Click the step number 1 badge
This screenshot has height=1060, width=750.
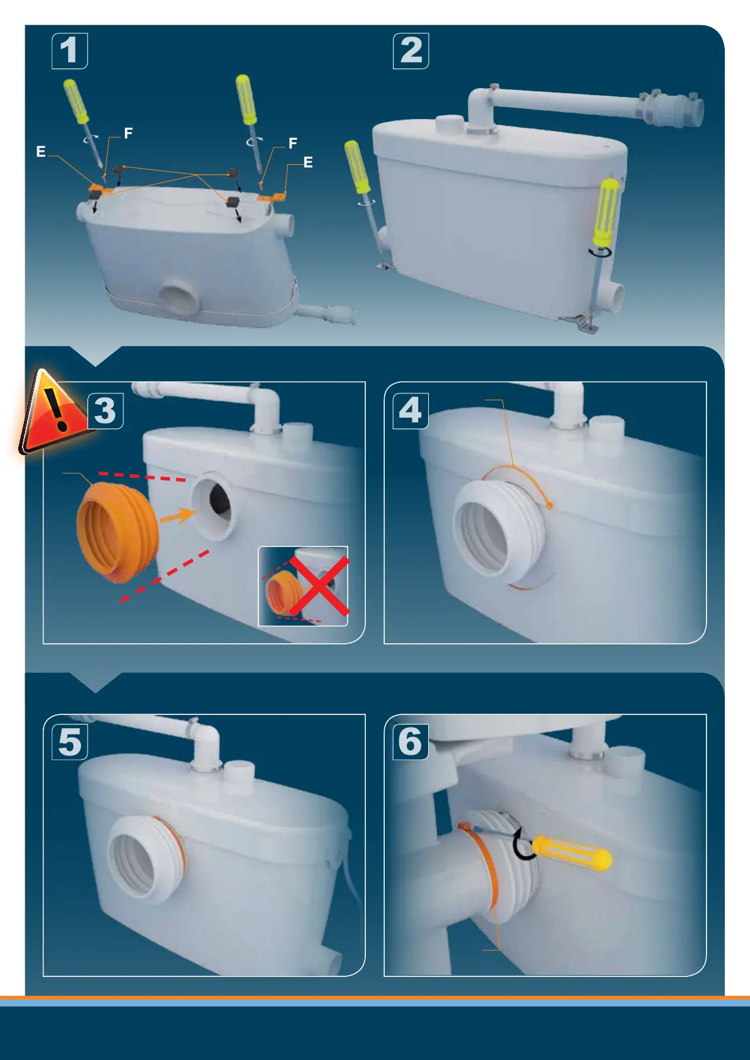(x=70, y=50)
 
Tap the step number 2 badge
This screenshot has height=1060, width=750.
(x=411, y=50)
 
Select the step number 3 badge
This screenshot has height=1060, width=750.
(x=106, y=410)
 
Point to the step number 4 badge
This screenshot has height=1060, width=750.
(x=411, y=410)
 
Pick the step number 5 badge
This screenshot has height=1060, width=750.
(x=70, y=741)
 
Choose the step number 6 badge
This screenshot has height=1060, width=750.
(x=411, y=741)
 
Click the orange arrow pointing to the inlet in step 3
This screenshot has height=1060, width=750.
(x=178, y=515)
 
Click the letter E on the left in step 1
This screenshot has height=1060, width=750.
(x=41, y=152)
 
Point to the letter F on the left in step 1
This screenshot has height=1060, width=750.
(x=128, y=133)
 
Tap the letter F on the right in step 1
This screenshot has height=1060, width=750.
(x=293, y=143)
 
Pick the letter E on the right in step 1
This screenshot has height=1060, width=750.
(x=308, y=162)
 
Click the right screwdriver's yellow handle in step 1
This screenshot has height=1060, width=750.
(x=246, y=99)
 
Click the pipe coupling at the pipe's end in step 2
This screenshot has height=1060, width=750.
(x=671, y=108)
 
